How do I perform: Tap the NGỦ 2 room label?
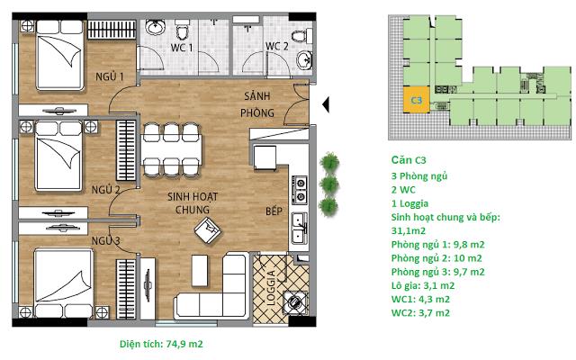(x=105, y=190)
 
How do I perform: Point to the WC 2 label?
(x=276, y=47)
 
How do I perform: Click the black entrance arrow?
(x=327, y=105)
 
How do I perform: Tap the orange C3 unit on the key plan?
(x=417, y=102)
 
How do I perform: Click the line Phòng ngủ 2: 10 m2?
(x=436, y=257)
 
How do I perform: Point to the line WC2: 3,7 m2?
(x=421, y=312)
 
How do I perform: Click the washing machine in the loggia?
(x=293, y=303)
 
